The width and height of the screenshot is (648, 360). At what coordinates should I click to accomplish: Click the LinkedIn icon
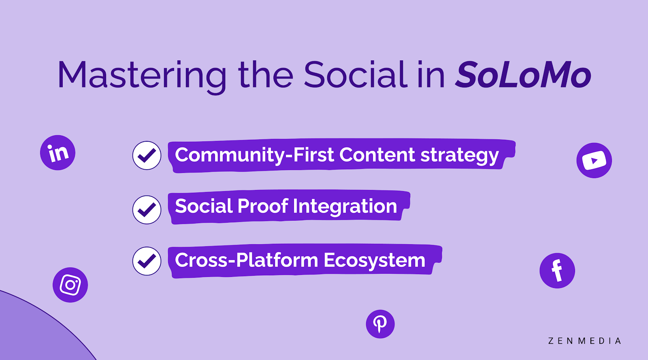(x=58, y=152)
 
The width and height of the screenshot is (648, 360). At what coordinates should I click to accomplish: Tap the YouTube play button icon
(x=594, y=160)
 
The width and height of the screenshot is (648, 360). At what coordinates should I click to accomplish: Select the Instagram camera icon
(x=70, y=285)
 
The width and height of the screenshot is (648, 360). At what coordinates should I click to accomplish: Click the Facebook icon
(x=557, y=271)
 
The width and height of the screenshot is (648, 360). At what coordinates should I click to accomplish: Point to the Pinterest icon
(x=380, y=324)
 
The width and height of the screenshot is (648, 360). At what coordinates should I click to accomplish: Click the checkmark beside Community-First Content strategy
(x=147, y=155)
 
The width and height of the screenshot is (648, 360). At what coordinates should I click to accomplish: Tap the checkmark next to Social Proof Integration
(x=147, y=210)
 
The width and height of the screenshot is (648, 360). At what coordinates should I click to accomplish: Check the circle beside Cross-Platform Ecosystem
(x=147, y=261)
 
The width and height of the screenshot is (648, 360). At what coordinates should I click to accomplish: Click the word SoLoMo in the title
(x=523, y=75)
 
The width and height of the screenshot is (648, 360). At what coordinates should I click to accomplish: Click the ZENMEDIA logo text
(x=584, y=341)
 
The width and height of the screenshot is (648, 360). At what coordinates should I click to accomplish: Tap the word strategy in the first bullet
(x=460, y=156)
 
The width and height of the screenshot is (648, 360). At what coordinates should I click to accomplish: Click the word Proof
(x=263, y=206)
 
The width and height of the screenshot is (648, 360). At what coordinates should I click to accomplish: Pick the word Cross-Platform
(x=247, y=260)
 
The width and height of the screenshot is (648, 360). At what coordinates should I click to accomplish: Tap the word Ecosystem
(x=374, y=261)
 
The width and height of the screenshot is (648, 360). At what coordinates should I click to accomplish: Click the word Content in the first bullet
(x=377, y=155)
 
